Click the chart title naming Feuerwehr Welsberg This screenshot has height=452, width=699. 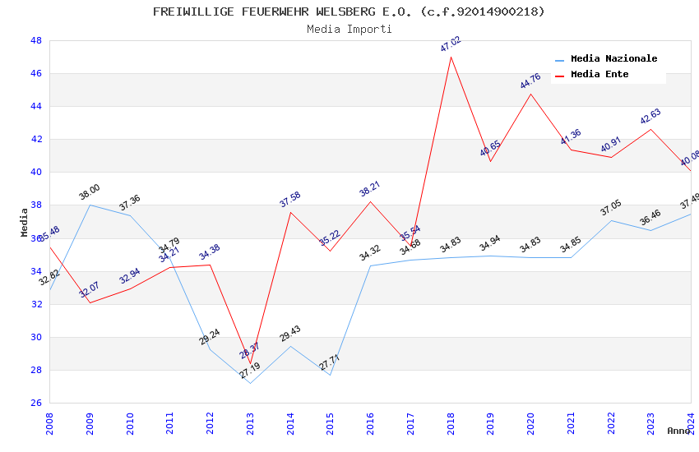tap(349, 12)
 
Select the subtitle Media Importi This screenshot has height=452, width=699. tap(349, 29)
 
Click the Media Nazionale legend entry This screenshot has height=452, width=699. tap(613, 59)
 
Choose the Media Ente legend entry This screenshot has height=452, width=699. tap(599, 75)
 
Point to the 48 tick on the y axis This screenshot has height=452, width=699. tap(36, 40)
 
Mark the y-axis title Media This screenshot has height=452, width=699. tap(25, 222)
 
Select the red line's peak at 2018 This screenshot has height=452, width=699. tap(451, 57)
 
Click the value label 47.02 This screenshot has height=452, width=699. tap(450, 44)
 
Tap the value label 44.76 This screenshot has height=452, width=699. tap(530, 81)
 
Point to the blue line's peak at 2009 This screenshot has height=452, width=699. tap(90, 205)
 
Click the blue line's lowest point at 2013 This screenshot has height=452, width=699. tap(250, 383)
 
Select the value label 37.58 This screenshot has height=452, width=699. tap(289, 199)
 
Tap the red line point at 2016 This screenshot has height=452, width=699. tap(370, 201)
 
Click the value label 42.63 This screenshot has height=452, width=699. tap(650, 116)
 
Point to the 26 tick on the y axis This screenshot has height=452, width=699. tap(36, 403)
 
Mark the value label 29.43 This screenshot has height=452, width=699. tap(289, 333)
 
